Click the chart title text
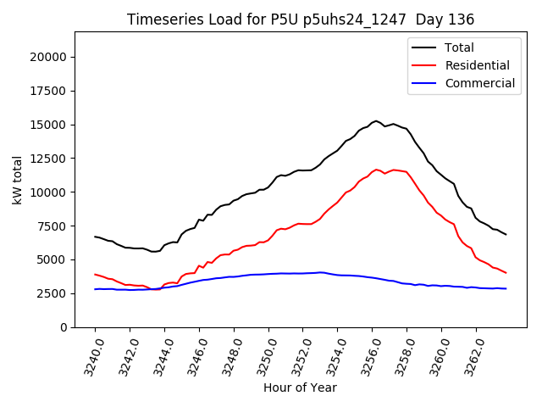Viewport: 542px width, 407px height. point(301,19)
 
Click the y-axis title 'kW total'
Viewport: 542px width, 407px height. point(18,180)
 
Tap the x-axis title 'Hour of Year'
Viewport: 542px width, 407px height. point(301,387)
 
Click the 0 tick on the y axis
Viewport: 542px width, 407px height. point(64,327)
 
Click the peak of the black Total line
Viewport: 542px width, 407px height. point(376,121)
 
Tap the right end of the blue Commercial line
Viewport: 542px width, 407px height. point(506,288)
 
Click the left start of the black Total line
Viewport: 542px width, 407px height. point(95,237)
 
